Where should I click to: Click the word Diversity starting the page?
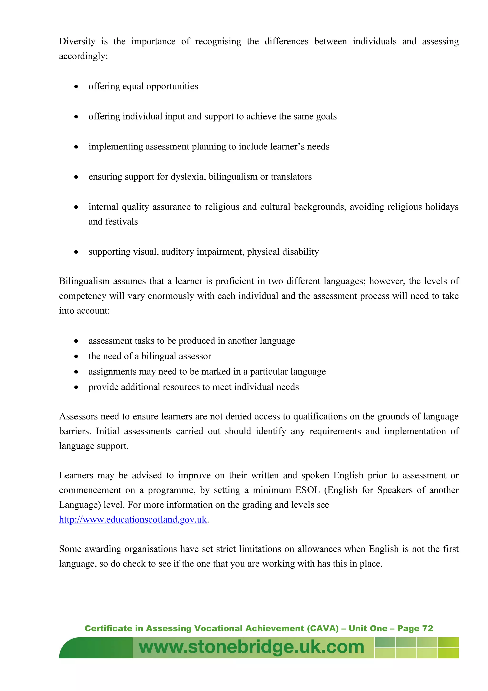77,41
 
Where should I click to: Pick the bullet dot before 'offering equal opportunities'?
76,87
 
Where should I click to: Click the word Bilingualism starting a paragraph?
85,281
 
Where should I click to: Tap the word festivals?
122,222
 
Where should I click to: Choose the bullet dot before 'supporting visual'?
76,252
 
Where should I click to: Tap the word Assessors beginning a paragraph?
78,416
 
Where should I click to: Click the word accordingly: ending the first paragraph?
83,56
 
